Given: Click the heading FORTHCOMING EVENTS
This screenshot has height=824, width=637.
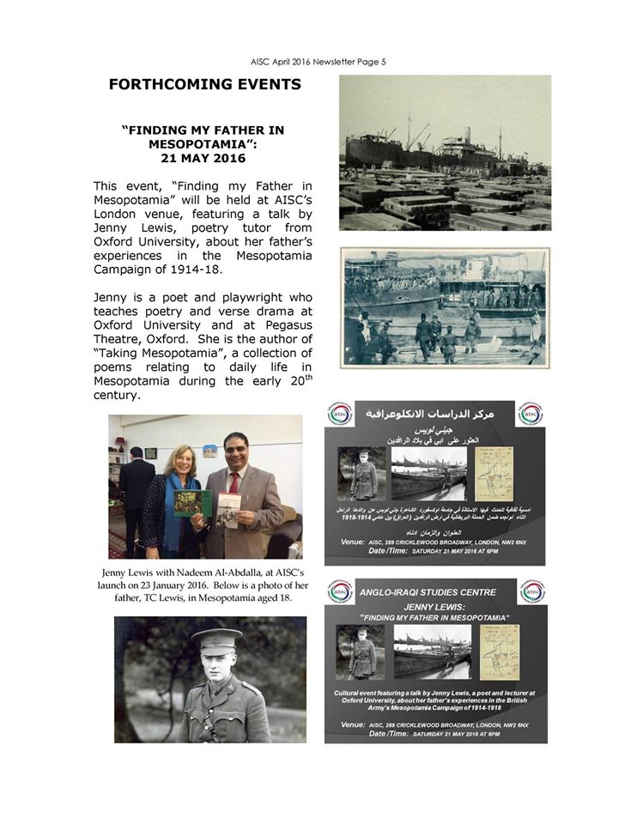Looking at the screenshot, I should [x=204, y=85].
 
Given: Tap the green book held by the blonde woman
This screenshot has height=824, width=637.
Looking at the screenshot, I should [x=193, y=503].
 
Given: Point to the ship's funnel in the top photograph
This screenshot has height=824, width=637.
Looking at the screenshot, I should [x=468, y=137].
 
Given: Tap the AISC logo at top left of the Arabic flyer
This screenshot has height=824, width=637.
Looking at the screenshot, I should [x=340, y=413].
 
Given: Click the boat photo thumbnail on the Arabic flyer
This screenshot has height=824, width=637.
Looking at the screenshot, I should [x=429, y=472].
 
